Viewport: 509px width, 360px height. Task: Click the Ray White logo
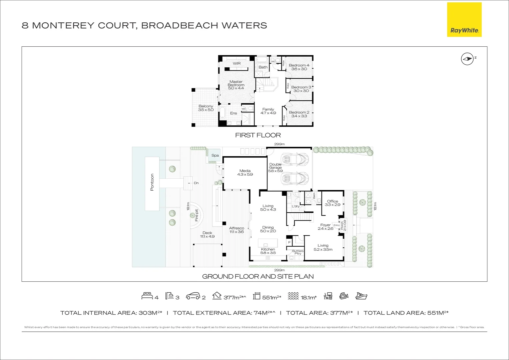click(464, 20)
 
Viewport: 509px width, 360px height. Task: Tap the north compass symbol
click(467, 59)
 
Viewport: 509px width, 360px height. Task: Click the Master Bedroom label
click(236, 85)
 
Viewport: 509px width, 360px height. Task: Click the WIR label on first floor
click(236, 63)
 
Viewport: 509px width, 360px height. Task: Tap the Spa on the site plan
click(215, 155)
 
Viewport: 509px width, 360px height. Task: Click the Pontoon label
click(152, 182)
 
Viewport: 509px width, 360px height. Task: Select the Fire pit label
click(196, 215)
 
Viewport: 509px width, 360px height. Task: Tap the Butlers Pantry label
click(298, 252)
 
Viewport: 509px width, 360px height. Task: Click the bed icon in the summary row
click(147, 296)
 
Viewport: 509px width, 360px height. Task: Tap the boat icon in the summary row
click(361, 296)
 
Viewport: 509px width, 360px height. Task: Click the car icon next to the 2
click(192, 296)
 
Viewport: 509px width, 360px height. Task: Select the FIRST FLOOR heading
click(258, 135)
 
